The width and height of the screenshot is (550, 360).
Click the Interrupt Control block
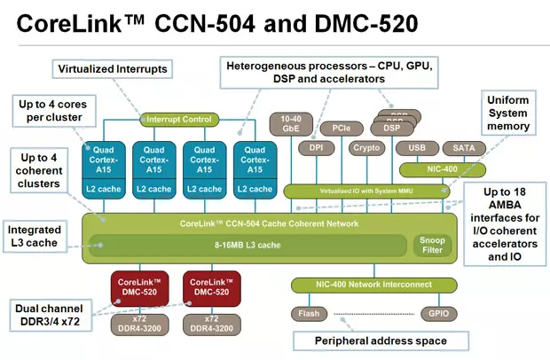(x=179, y=120)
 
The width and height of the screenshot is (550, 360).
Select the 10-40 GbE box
(x=290, y=123)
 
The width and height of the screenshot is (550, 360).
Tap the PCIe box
(x=341, y=128)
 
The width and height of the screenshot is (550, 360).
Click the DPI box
(x=316, y=148)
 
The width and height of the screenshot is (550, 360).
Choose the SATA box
(x=463, y=148)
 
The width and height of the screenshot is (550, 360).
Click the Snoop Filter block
(x=433, y=244)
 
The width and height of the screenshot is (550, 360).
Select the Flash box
(x=309, y=313)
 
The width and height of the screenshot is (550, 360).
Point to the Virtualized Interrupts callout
(x=112, y=68)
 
